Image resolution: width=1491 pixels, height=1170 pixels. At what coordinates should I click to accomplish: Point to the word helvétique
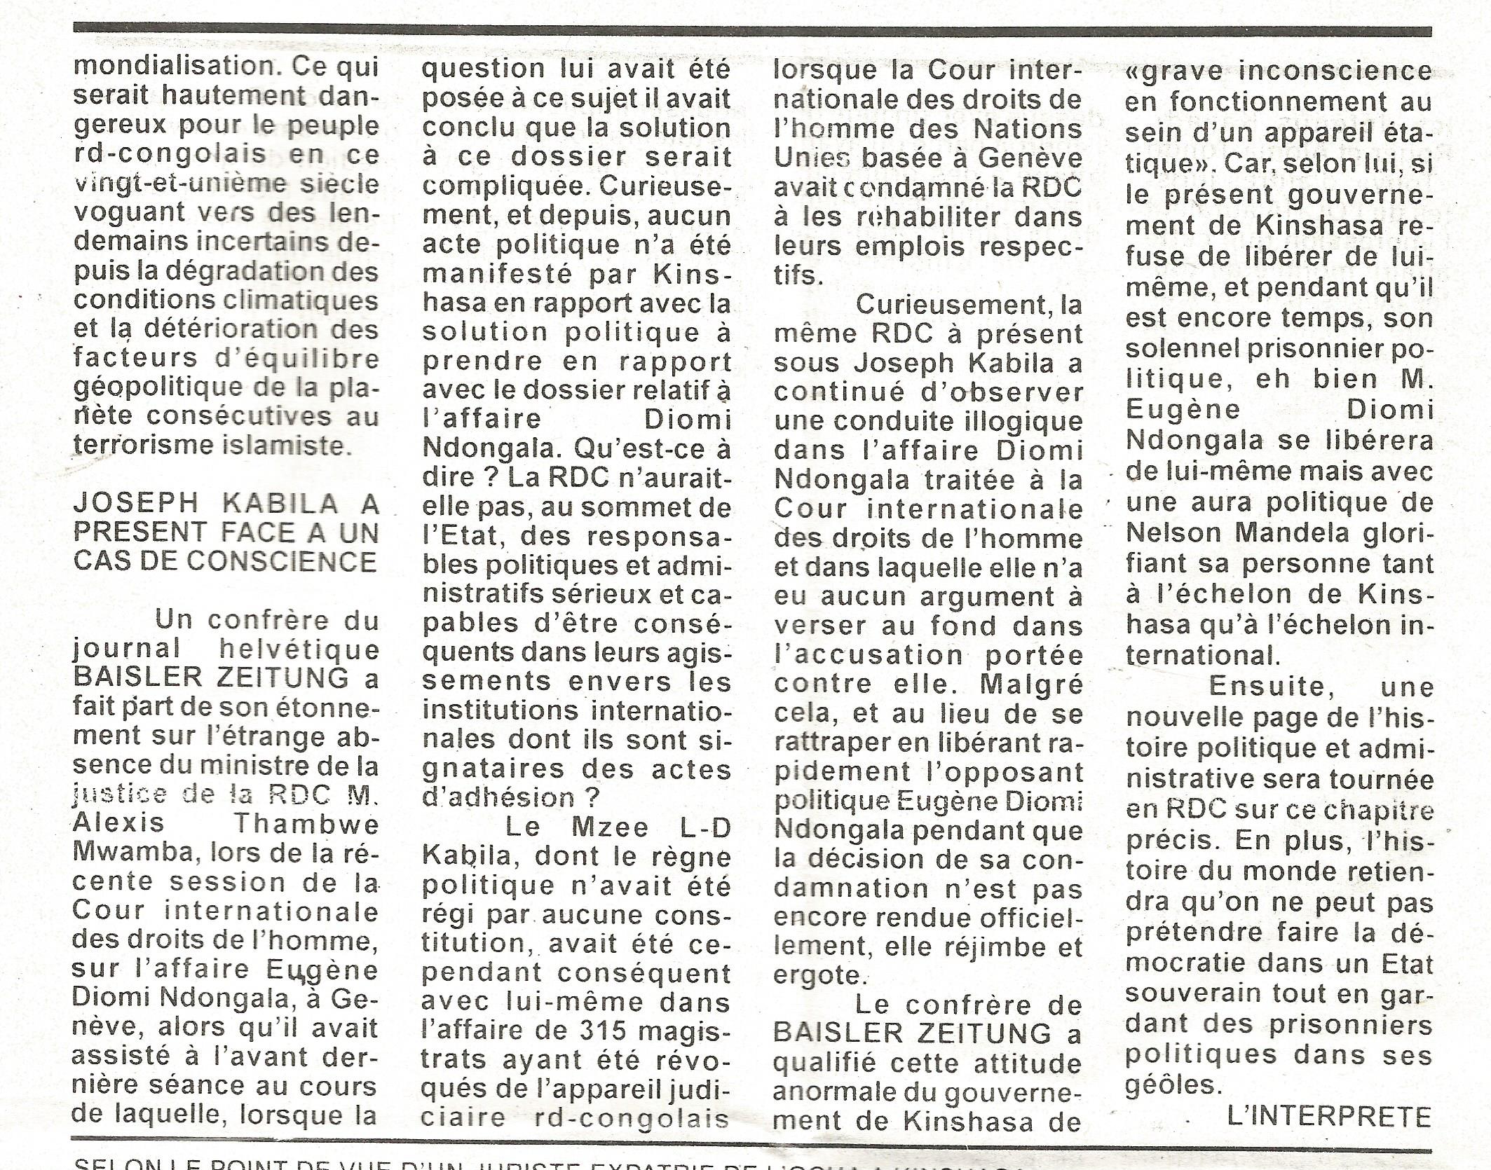click(x=299, y=650)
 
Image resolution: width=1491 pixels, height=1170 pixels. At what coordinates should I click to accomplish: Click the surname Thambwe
click(x=306, y=824)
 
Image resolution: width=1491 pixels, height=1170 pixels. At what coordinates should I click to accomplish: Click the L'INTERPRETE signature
click(x=1329, y=1116)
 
